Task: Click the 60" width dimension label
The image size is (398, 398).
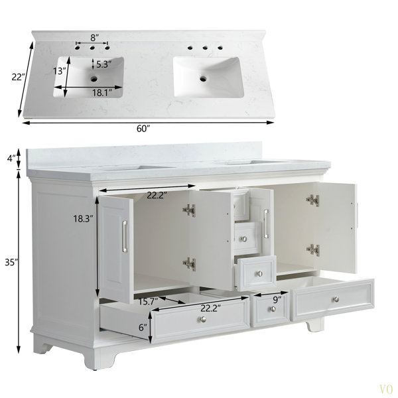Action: pyautogui.click(x=144, y=129)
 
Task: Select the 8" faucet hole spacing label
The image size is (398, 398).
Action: pyautogui.click(x=95, y=38)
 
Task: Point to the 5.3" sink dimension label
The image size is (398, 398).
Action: pyautogui.click(x=104, y=64)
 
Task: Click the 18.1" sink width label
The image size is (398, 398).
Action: pyautogui.click(x=102, y=93)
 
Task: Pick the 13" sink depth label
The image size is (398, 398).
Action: pyautogui.click(x=60, y=71)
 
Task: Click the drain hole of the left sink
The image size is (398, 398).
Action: pyautogui.click(x=94, y=79)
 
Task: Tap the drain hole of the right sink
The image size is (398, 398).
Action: pyautogui.click(x=203, y=78)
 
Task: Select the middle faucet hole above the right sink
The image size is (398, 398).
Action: pyautogui.click(x=205, y=48)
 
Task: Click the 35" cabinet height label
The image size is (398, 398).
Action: pyautogui.click(x=12, y=262)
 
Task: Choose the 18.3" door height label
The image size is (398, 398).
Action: pyautogui.click(x=84, y=218)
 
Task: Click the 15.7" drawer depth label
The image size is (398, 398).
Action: pyautogui.click(x=148, y=301)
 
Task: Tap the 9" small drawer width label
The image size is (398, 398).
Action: pyautogui.click(x=277, y=300)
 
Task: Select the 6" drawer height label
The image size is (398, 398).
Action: pyautogui.click(x=143, y=328)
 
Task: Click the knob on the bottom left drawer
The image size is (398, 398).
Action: pyautogui.click(x=203, y=319)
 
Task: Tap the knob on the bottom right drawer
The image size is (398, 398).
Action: pyautogui.click(x=336, y=300)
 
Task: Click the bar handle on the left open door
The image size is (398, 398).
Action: pyautogui.click(x=125, y=236)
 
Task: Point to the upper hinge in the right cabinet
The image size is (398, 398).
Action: pyautogui.click(x=312, y=200)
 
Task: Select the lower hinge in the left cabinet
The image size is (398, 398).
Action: pyautogui.click(x=189, y=264)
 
